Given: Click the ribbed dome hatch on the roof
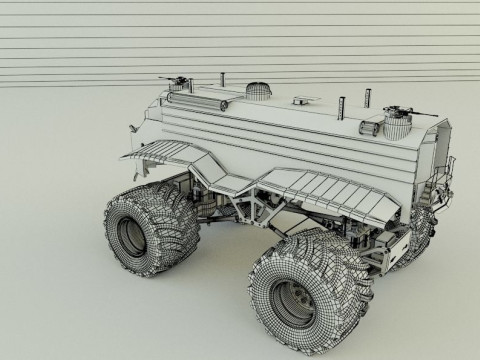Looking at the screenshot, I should coord(258,90).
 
